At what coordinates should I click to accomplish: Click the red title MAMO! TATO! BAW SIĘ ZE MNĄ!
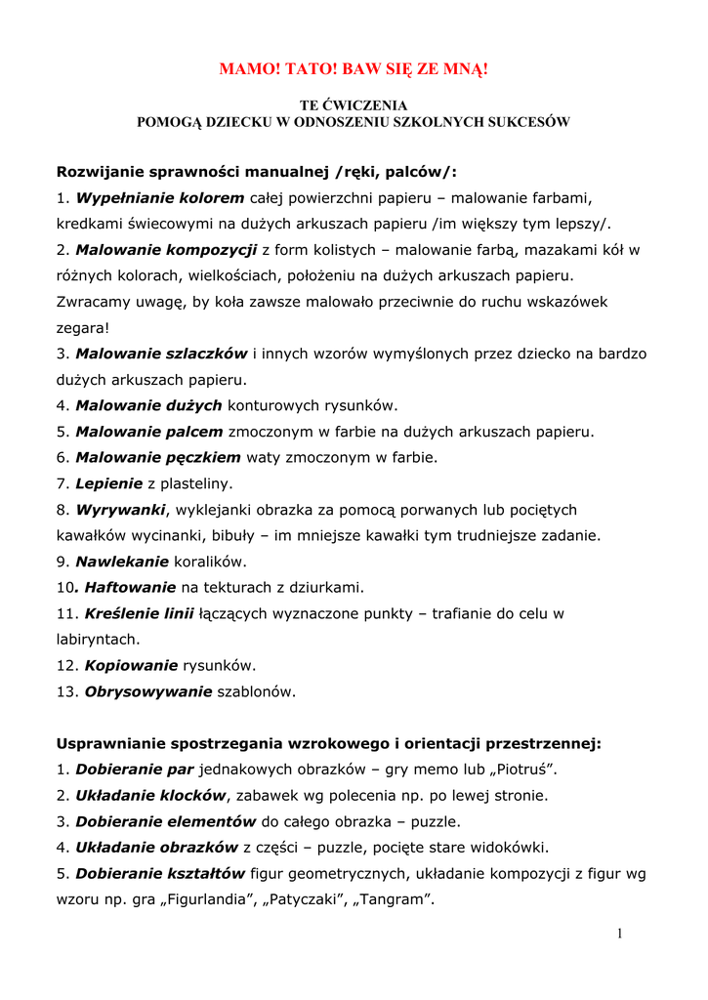354,69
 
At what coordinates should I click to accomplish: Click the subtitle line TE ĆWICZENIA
354,104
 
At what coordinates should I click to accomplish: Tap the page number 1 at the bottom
619,934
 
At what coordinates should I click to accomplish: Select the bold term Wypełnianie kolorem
160,198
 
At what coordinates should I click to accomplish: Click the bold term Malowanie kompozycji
166,250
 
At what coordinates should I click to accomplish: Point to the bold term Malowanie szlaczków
161,354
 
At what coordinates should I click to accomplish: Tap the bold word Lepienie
108,483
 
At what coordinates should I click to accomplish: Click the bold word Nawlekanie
122,562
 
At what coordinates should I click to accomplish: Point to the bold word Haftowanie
130,588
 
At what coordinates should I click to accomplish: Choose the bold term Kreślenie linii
139,614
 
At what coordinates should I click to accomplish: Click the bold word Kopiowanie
131,666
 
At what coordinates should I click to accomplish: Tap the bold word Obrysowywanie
148,692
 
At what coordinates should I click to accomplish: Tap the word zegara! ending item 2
83,328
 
